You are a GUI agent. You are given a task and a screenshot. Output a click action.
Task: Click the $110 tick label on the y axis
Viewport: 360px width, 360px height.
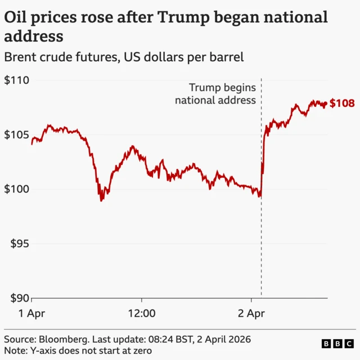click(x=17, y=80)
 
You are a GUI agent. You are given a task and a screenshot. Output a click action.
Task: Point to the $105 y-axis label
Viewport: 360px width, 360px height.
click(x=17, y=135)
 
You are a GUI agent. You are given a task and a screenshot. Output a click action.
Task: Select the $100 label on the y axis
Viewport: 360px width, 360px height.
click(x=17, y=190)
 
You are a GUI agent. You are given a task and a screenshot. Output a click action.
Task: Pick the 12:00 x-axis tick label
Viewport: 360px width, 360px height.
click(x=141, y=313)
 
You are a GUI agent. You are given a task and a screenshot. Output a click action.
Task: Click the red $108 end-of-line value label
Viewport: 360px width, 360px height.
click(x=342, y=103)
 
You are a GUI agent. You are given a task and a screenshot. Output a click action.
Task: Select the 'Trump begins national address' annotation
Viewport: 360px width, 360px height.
click(x=215, y=94)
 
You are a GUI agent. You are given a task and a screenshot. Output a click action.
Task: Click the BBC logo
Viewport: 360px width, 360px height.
click(x=336, y=344)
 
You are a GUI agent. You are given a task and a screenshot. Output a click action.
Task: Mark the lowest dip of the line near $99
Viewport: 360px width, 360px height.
click(x=101, y=200)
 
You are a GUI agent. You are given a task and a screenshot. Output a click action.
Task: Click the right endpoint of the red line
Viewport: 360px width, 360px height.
click(x=326, y=103)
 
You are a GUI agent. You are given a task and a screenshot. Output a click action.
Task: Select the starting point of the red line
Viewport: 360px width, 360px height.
click(x=31, y=144)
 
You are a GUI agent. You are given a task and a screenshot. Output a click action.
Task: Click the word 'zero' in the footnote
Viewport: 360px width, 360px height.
click(x=140, y=350)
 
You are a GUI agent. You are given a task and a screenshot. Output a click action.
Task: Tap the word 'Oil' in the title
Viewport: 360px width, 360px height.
click(x=16, y=17)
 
